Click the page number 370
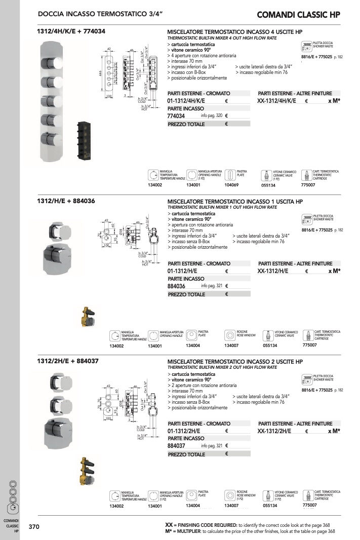(33, 527)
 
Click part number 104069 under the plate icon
(230, 185)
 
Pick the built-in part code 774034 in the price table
(176, 116)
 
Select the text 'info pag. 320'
(212, 116)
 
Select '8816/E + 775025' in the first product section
(316, 57)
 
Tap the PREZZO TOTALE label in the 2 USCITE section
(186, 454)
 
